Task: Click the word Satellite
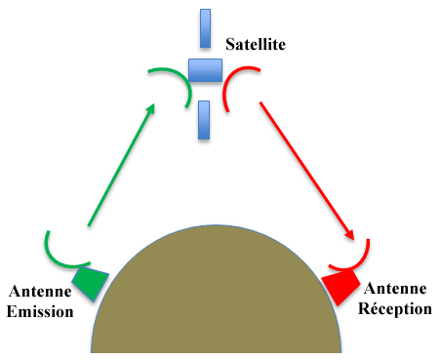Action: click(256, 44)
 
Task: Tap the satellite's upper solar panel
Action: click(206, 28)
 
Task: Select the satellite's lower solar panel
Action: click(204, 119)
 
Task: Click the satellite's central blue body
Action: click(205, 70)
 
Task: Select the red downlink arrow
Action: click(305, 166)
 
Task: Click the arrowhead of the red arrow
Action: click(347, 234)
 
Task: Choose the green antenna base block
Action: click(91, 283)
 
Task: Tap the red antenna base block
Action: click(339, 287)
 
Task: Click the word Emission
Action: click(41, 312)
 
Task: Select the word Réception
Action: click(396, 308)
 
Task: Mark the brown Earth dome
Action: click(216, 298)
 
